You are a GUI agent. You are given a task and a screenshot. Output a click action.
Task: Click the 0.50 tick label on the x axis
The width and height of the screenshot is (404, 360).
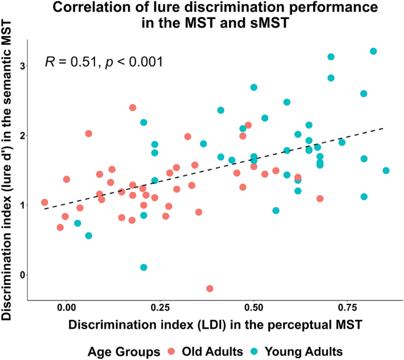(x=254, y=307)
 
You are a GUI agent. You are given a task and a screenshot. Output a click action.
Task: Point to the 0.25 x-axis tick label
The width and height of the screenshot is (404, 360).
(x=160, y=307)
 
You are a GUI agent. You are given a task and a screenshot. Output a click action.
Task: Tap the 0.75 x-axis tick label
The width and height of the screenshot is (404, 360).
(x=347, y=307)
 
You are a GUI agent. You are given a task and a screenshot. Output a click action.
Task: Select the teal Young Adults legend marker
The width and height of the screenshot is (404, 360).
(x=257, y=351)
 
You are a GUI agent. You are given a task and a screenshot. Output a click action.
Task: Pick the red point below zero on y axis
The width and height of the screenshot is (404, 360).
(x=209, y=289)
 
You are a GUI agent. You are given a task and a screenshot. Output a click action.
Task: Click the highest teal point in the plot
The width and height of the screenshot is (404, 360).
(x=373, y=51)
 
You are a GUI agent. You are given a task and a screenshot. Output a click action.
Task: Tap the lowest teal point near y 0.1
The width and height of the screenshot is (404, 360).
(x=144, y=267)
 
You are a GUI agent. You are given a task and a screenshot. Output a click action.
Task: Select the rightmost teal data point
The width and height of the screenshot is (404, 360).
(x=386, y=171)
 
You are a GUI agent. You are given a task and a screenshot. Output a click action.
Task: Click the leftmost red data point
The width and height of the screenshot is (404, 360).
(x=44, y=202)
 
